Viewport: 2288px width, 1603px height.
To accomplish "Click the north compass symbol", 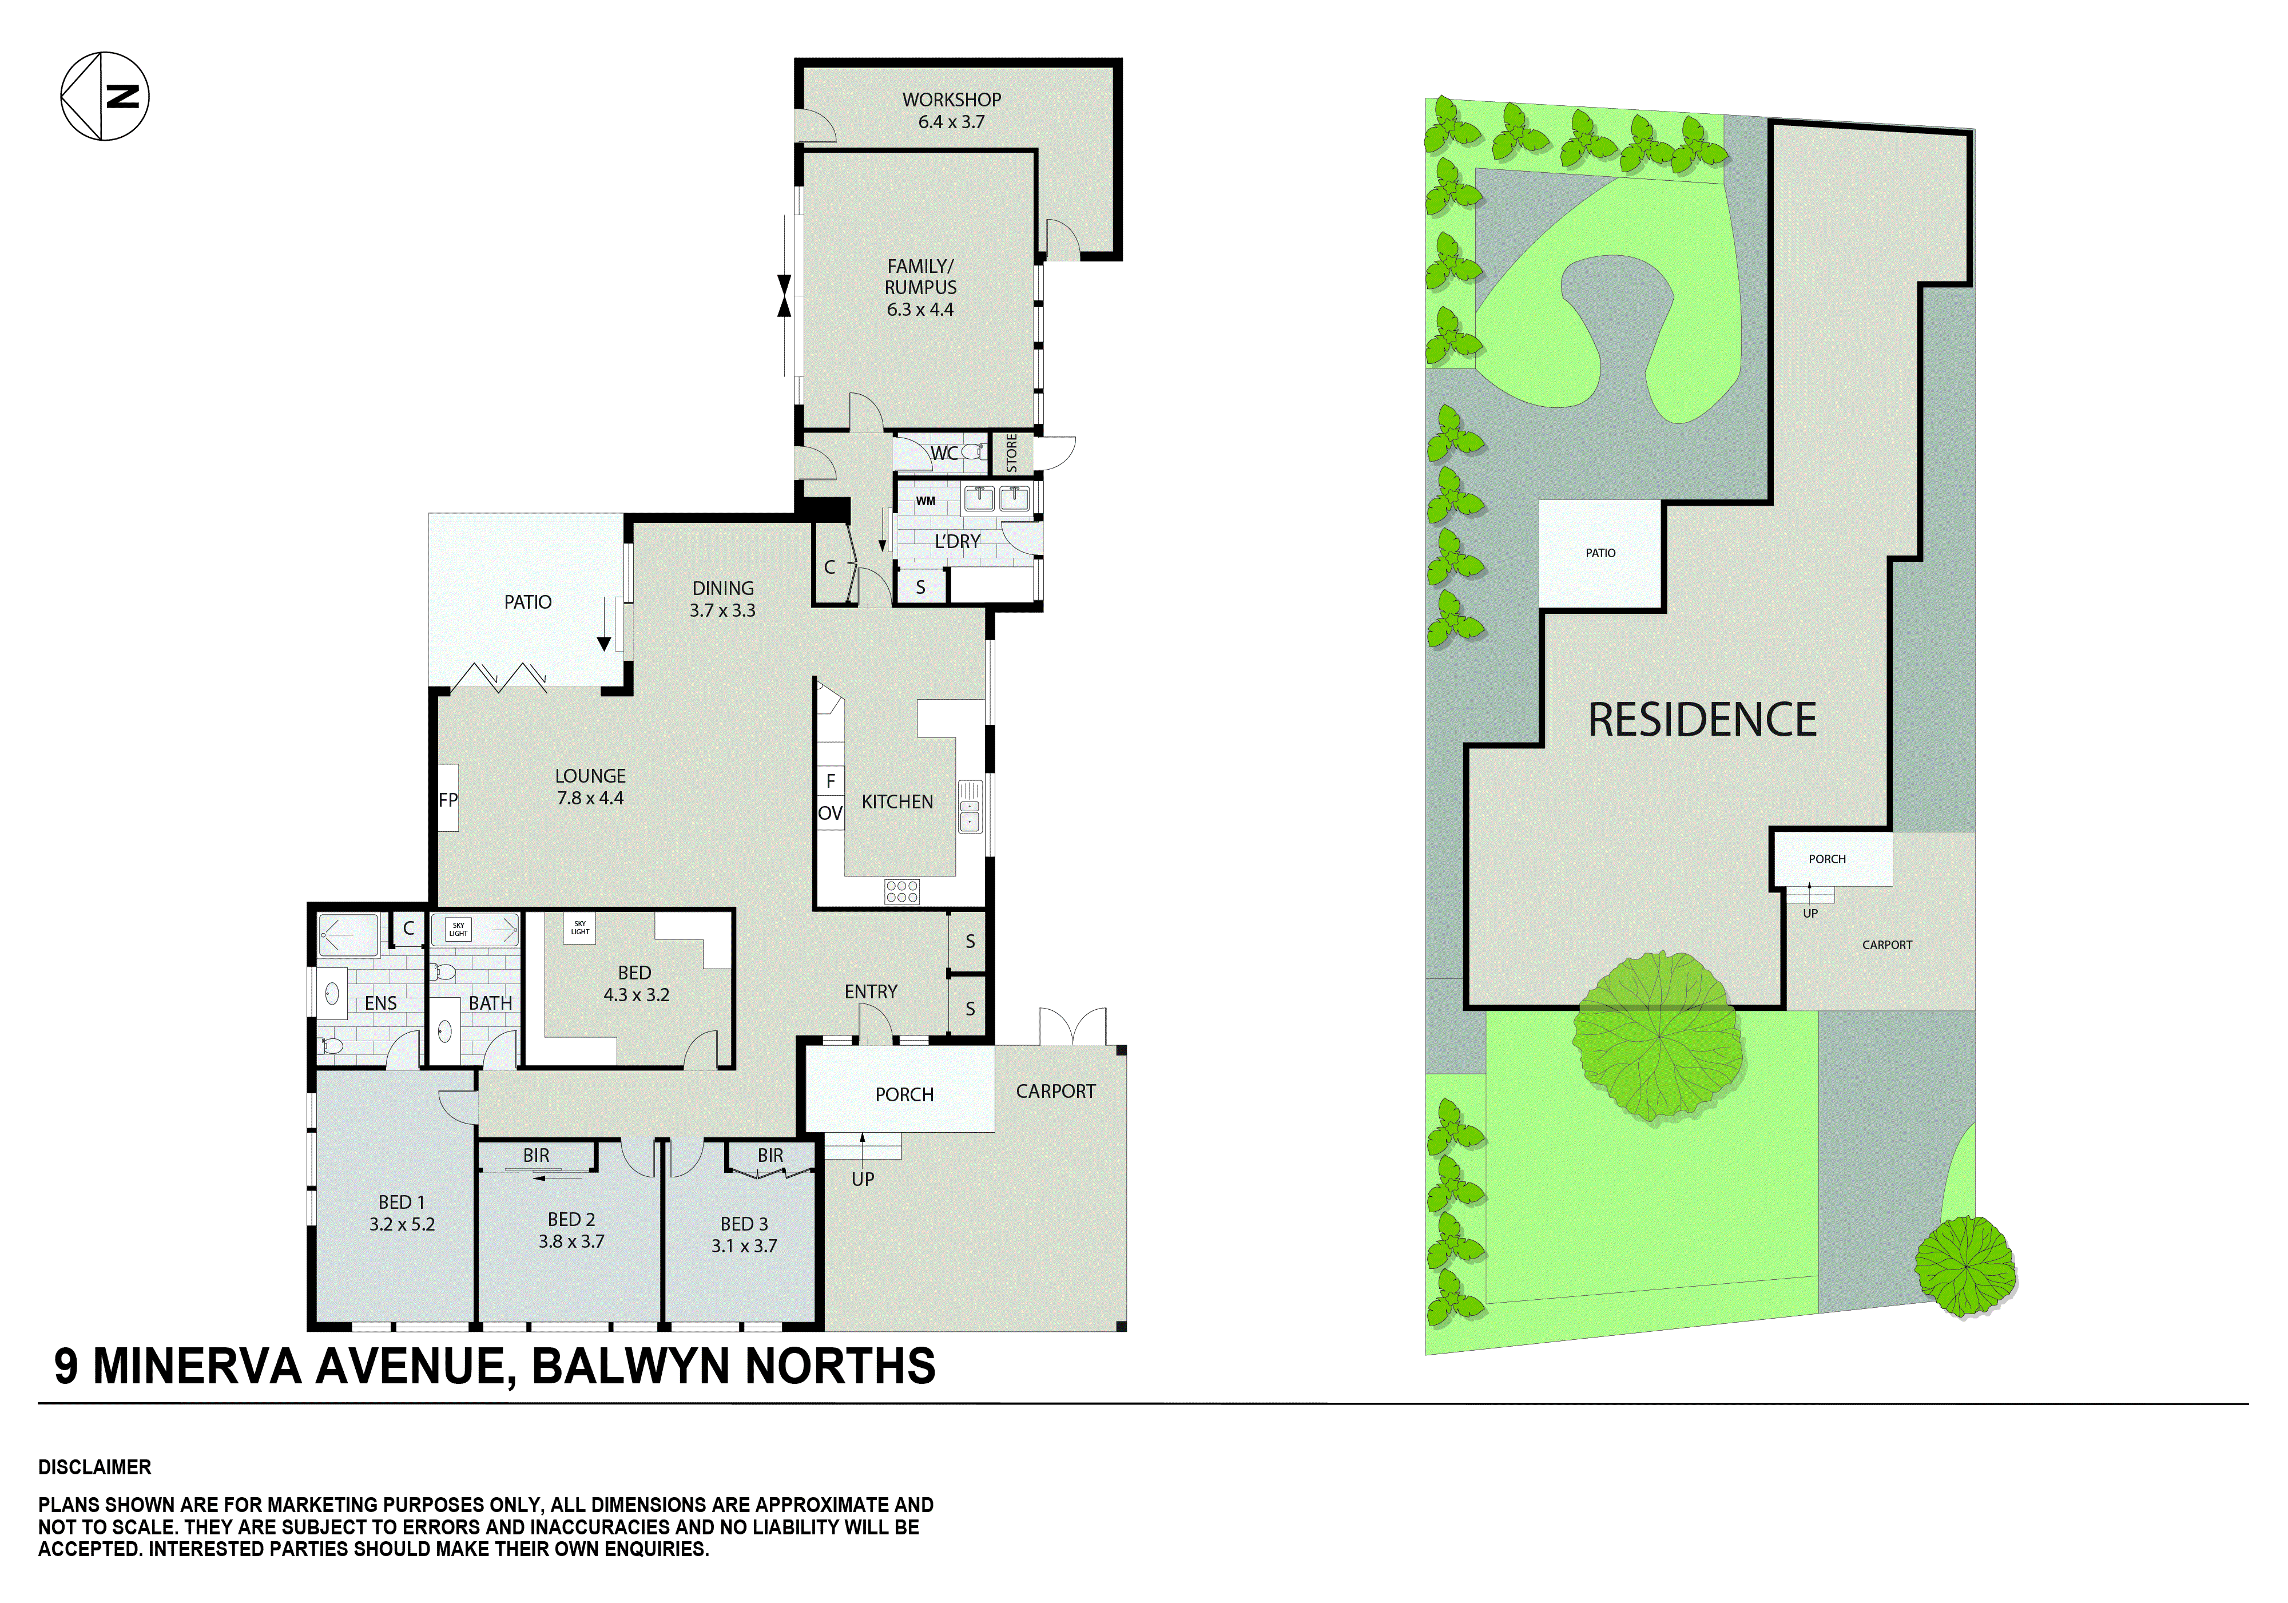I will [x=105, y=96].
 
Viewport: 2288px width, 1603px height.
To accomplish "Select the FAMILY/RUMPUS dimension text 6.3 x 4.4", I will [x=920, y=310].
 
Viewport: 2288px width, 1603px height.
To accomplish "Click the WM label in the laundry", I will [x=925, y=501].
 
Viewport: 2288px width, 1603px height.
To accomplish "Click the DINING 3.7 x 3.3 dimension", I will [x=722, y=610].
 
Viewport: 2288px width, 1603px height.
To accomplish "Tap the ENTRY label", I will [x=870, y=992].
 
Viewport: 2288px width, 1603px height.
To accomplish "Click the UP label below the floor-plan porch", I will [x=863, y=1179].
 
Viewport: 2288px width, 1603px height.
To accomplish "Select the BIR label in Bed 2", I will [x=536, y=1156].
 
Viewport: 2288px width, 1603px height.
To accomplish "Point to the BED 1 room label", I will [x=402, y=1203].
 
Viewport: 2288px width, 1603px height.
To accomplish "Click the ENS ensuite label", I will [x=381, y=1003].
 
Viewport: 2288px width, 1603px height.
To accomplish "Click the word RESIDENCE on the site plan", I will [x=1702, y=721].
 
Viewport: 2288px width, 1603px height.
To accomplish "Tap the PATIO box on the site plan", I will [x=1600, y=553].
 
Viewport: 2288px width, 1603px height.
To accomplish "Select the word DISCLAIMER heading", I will [x=95, y=1467].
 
